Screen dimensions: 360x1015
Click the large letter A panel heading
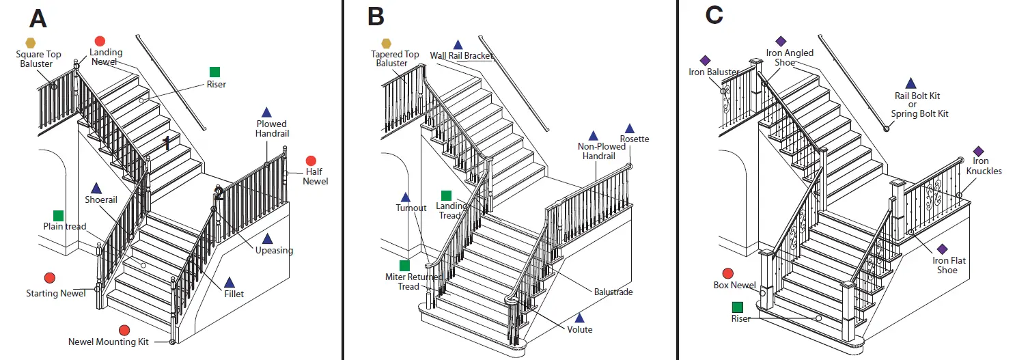click(38, 18)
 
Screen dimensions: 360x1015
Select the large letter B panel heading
click(376, 16)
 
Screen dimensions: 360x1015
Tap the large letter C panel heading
click(714, 15)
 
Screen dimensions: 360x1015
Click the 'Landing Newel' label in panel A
click(106, 57)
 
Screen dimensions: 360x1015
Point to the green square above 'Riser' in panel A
click(215, 72)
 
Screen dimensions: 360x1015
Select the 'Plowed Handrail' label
click(273, 129)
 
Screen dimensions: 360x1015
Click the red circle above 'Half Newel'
click(311, 160)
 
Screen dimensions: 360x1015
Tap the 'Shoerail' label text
click(101, 200)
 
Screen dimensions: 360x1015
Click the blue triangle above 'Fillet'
click(230, 282)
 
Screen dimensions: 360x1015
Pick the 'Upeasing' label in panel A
click(275, 250)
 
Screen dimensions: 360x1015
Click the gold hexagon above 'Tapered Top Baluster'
click(387, 43)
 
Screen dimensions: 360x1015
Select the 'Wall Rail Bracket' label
click(462, 56)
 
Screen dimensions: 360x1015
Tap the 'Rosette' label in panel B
click(635, 139)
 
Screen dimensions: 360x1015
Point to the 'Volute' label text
click(580, 329)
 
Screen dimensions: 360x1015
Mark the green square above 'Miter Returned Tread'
click(405, 265)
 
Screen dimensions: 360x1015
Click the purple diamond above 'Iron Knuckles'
click(978, 151)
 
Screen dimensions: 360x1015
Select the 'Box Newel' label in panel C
click(734, 286)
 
